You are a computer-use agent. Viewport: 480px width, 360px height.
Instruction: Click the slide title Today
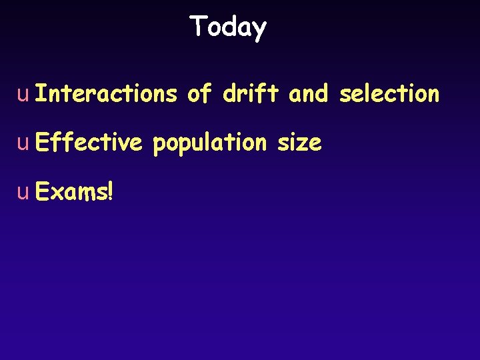[x=228, y=27]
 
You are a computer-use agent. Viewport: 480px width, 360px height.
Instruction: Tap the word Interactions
[x=106, y=94]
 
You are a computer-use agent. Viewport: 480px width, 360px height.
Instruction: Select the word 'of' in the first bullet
[x=199, y=94]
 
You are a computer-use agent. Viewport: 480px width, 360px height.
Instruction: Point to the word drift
[x=250, y=94]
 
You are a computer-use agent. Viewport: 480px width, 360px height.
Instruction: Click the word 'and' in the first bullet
[x=308, y=94]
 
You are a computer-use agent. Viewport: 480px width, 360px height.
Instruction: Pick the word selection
[x=389, y=94]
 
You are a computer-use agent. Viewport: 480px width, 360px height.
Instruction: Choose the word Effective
[x=88, y=142]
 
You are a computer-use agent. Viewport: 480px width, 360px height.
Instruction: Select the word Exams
[x=71, y=192]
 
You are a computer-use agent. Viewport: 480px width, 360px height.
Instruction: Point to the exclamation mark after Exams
[x=110, y=192]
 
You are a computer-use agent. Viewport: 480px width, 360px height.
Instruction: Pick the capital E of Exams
[x=41, y=192]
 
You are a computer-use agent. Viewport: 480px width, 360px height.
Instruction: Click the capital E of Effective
[x=41, y=142]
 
